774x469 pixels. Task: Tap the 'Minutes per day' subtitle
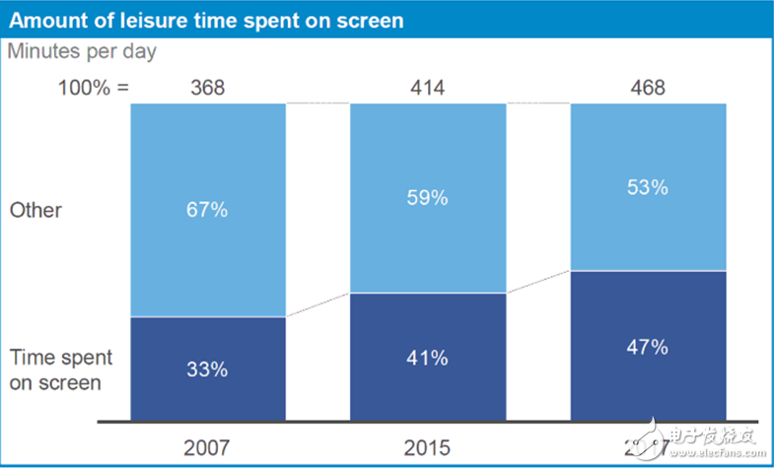click(82, 51)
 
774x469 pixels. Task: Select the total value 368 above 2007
click(208, 88)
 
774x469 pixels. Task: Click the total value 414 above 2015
click(428, 88)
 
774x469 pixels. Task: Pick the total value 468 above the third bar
click(648, 88)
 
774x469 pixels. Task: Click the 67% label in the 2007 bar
click(208, 209)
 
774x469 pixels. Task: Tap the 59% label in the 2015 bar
click(428, 197)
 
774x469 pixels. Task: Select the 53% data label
click(648, 186)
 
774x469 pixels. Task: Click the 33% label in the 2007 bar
click(208, 369)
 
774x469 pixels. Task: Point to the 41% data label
click(428, 358)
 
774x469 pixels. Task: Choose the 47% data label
click(648, 347)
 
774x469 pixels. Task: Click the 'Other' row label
click(35, 210)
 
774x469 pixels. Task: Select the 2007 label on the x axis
click(208, 446)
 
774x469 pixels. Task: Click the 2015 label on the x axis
click(428, 446)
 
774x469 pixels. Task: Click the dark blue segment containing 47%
click(648, 384)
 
